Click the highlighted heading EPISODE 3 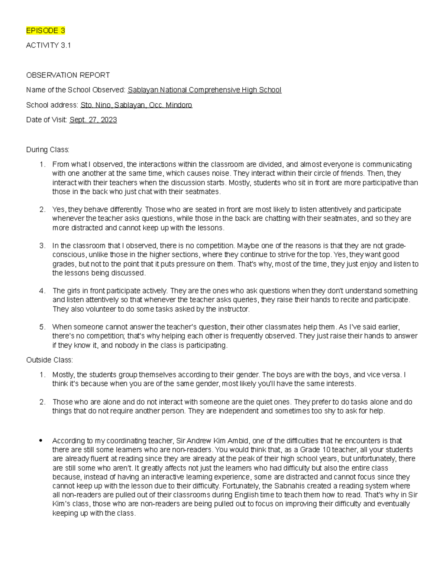coord(45,30)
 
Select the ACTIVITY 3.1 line coord(48,45)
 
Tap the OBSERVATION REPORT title coord(68,75)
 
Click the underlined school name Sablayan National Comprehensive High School coord(204,90)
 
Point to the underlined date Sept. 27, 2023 coord(93,120)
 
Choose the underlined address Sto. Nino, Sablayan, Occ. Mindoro coord(136,105)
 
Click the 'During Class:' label coord(48,150)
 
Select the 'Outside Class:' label coord(49,360)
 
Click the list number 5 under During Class coord(42,327)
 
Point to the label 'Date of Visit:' coord(46,120)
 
